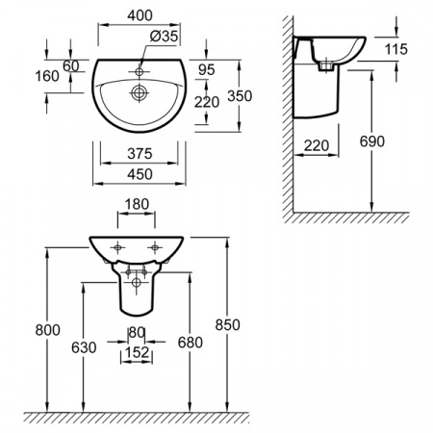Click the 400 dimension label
(140, 15)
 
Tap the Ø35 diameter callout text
(164, 37)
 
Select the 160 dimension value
(47, 76)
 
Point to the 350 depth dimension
(240, 96)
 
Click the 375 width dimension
(140, 154)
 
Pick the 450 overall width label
(140, 174)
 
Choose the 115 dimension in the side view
(396, 49)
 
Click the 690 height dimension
(372, 141)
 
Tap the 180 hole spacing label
(137, 204)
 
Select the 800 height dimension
(47, 330)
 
